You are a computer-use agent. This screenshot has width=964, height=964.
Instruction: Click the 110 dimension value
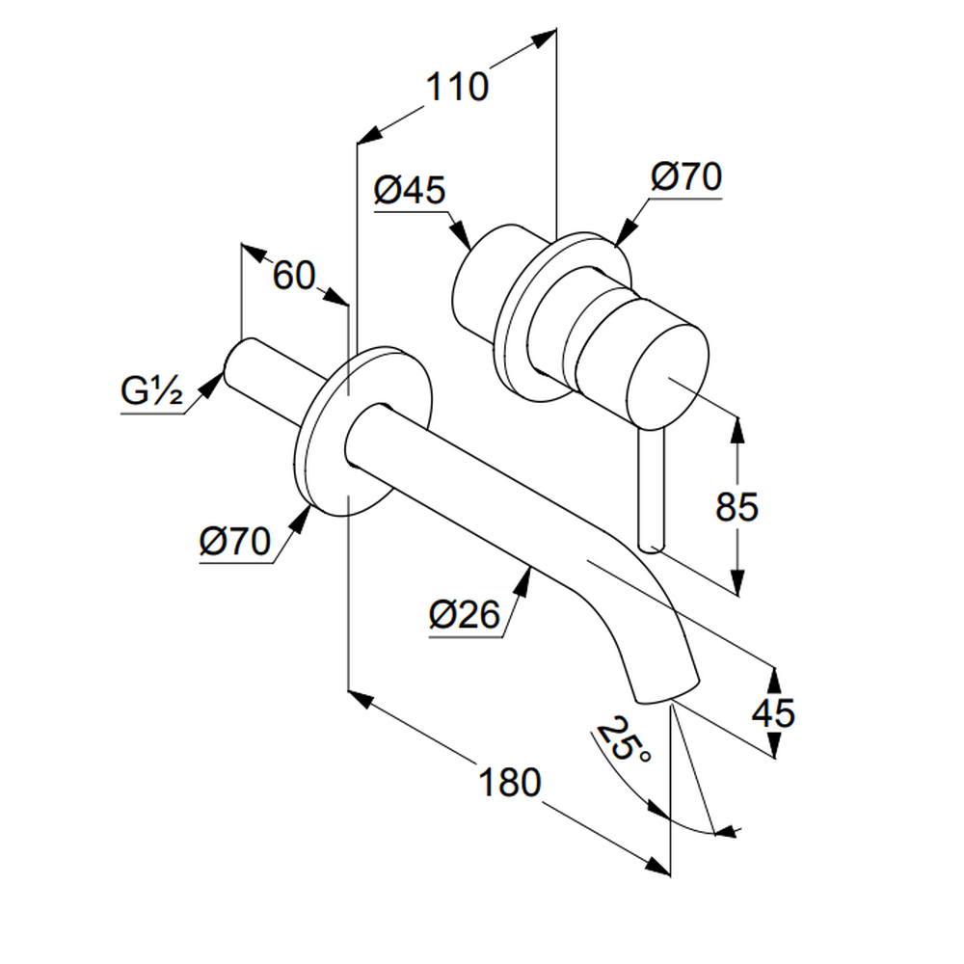[x=457, y=88]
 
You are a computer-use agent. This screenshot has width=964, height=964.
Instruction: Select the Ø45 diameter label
[x=410, y=190]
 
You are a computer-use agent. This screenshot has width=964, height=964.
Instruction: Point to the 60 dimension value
[x=293, y=277]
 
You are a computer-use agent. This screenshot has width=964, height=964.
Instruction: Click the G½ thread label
[x=152, y=392]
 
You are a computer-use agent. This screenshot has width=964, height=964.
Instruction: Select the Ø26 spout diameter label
[x=465, y=613]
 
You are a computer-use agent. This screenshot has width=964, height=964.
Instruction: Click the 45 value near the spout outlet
[x=773, y=713]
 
